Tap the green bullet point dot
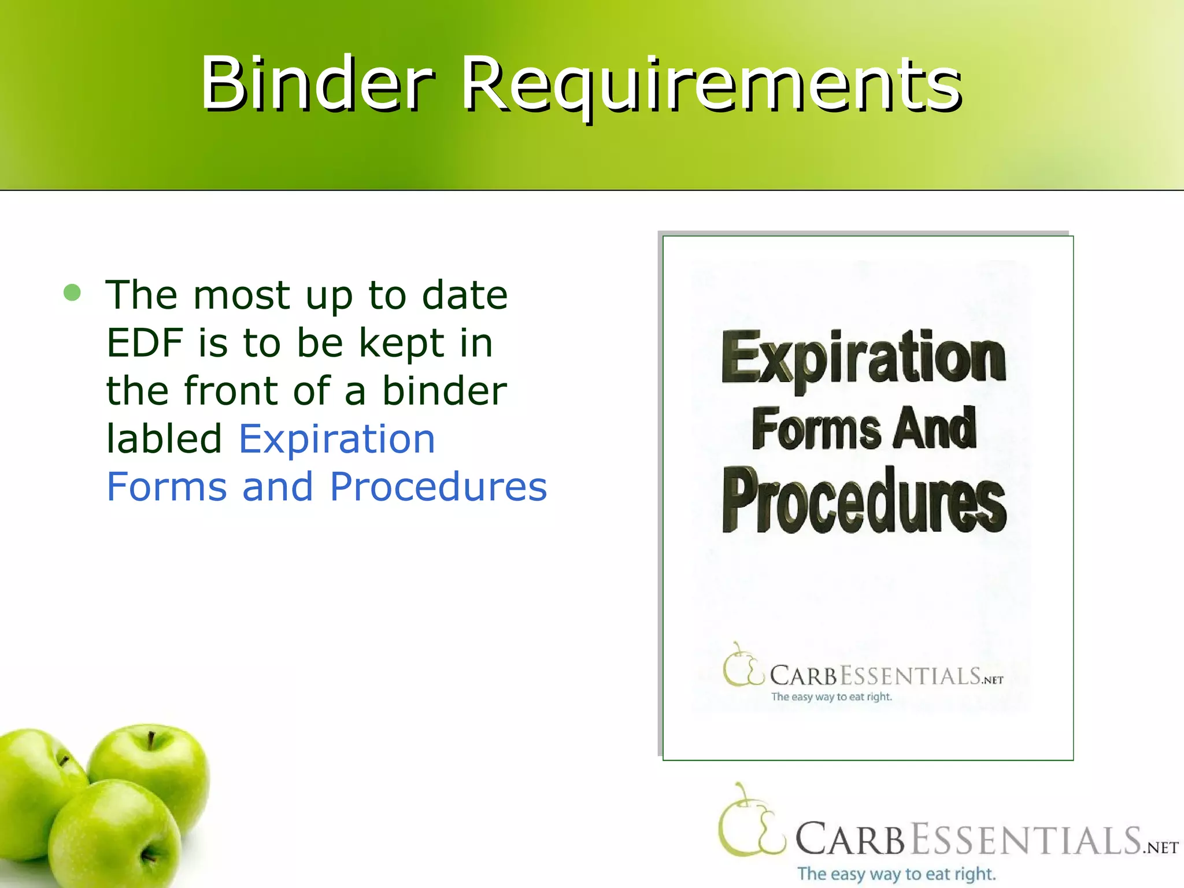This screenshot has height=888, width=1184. click(x=72, y=293)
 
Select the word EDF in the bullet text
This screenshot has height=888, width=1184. click(x=144, y=343)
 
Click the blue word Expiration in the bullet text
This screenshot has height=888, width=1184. click(x=336, y=439)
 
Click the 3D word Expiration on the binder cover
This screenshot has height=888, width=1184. click(x=864, y=358)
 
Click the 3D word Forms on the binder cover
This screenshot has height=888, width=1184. click(x=816, y=429)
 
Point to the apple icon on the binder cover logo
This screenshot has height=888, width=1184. click(x=742, y=665)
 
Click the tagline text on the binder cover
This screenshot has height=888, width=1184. click(x=831, y=697)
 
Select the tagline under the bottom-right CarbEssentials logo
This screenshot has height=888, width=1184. click(x=896, y=874)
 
